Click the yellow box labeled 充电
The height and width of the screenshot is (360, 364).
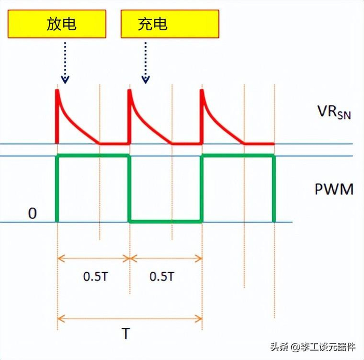tap(170, 24)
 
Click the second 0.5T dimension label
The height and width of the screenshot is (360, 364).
tap(162, 276)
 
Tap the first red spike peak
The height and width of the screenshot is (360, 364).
tap(57, 90)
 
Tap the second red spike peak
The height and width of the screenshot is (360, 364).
tap(129, 90)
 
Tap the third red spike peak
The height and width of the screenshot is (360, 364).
tap(202, 90)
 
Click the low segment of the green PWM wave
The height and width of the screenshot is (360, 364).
tap(165, 221)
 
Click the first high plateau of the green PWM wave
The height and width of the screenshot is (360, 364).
tap(93, 156)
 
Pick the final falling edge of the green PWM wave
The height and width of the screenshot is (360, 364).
tap(274, 188)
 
